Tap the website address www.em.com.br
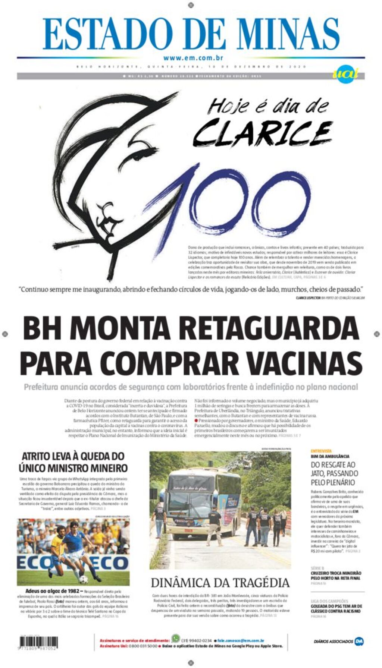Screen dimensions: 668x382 click(193, 58)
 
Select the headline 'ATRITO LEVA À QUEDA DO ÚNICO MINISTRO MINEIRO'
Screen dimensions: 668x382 click(73, 462)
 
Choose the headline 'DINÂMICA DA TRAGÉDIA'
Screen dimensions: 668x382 click(220, 583)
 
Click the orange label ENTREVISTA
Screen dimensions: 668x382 click(321, 451)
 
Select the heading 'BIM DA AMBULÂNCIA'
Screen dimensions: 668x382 click(330, 456)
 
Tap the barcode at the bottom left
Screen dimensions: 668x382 click(38, 642)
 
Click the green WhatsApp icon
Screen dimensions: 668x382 click(175, 638)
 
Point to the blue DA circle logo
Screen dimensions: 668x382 click(359, 641)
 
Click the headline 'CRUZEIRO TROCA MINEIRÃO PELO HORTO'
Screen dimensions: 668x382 click(336, 576)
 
